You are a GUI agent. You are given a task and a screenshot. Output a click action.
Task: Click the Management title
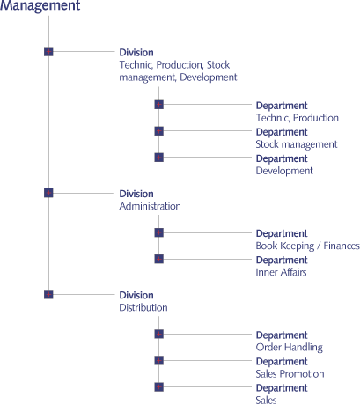click(40, 6)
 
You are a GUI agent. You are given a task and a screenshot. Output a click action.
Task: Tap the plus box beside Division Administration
click(48, 193)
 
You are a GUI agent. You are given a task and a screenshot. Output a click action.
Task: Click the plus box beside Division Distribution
click(48, 294)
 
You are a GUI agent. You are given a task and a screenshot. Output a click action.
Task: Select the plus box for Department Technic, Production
click(159, 105)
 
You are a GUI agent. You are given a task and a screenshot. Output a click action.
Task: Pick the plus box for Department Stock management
click(159, 131)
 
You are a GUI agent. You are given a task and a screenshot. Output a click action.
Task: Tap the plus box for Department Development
click(159, 158)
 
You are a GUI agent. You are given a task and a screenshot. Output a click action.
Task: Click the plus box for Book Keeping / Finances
click(159, 232)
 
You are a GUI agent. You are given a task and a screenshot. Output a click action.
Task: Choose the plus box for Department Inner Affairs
click(159, 259)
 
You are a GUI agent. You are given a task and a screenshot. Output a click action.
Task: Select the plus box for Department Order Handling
click(159, 334)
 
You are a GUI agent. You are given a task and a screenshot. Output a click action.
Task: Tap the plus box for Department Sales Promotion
click(159, 360)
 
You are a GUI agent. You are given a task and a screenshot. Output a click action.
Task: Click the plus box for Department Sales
click(159, 387)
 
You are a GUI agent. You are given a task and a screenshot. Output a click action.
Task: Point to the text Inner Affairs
click(281, 272)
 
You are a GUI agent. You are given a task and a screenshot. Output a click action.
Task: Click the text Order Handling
click(290, 348)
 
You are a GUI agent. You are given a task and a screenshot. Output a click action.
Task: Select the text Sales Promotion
click(290, 373)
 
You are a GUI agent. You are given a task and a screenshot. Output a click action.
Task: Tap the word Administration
click(150, 206)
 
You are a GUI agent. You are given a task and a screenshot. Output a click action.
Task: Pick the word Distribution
click(143, 307)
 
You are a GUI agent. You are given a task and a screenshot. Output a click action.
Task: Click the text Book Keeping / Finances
click(308, 246)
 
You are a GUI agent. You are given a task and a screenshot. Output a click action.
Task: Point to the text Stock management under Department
click(297, 144)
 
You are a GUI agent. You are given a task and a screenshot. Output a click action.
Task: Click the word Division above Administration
click(136, 194)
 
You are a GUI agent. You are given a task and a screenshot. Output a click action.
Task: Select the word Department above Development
click(282, 158)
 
